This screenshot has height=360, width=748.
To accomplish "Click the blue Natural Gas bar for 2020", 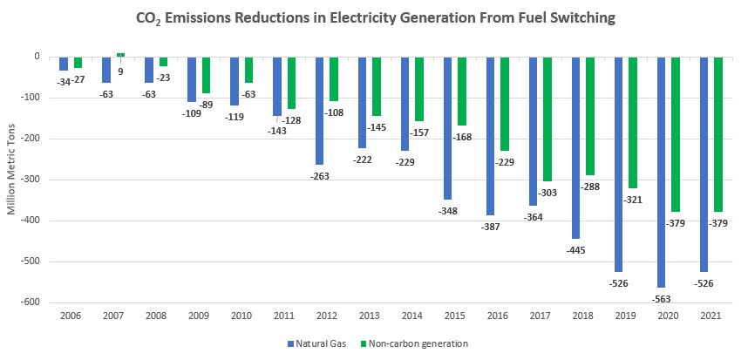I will (662, 172).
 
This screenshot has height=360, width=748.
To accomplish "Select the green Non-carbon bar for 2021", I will (718, 134).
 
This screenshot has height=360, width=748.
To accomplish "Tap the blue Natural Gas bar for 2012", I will (320, 111).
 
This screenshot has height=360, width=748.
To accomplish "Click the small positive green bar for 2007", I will (120, 55).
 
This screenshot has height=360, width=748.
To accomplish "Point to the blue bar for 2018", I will (576, 147).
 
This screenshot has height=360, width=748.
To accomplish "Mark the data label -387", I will (491, 227).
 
